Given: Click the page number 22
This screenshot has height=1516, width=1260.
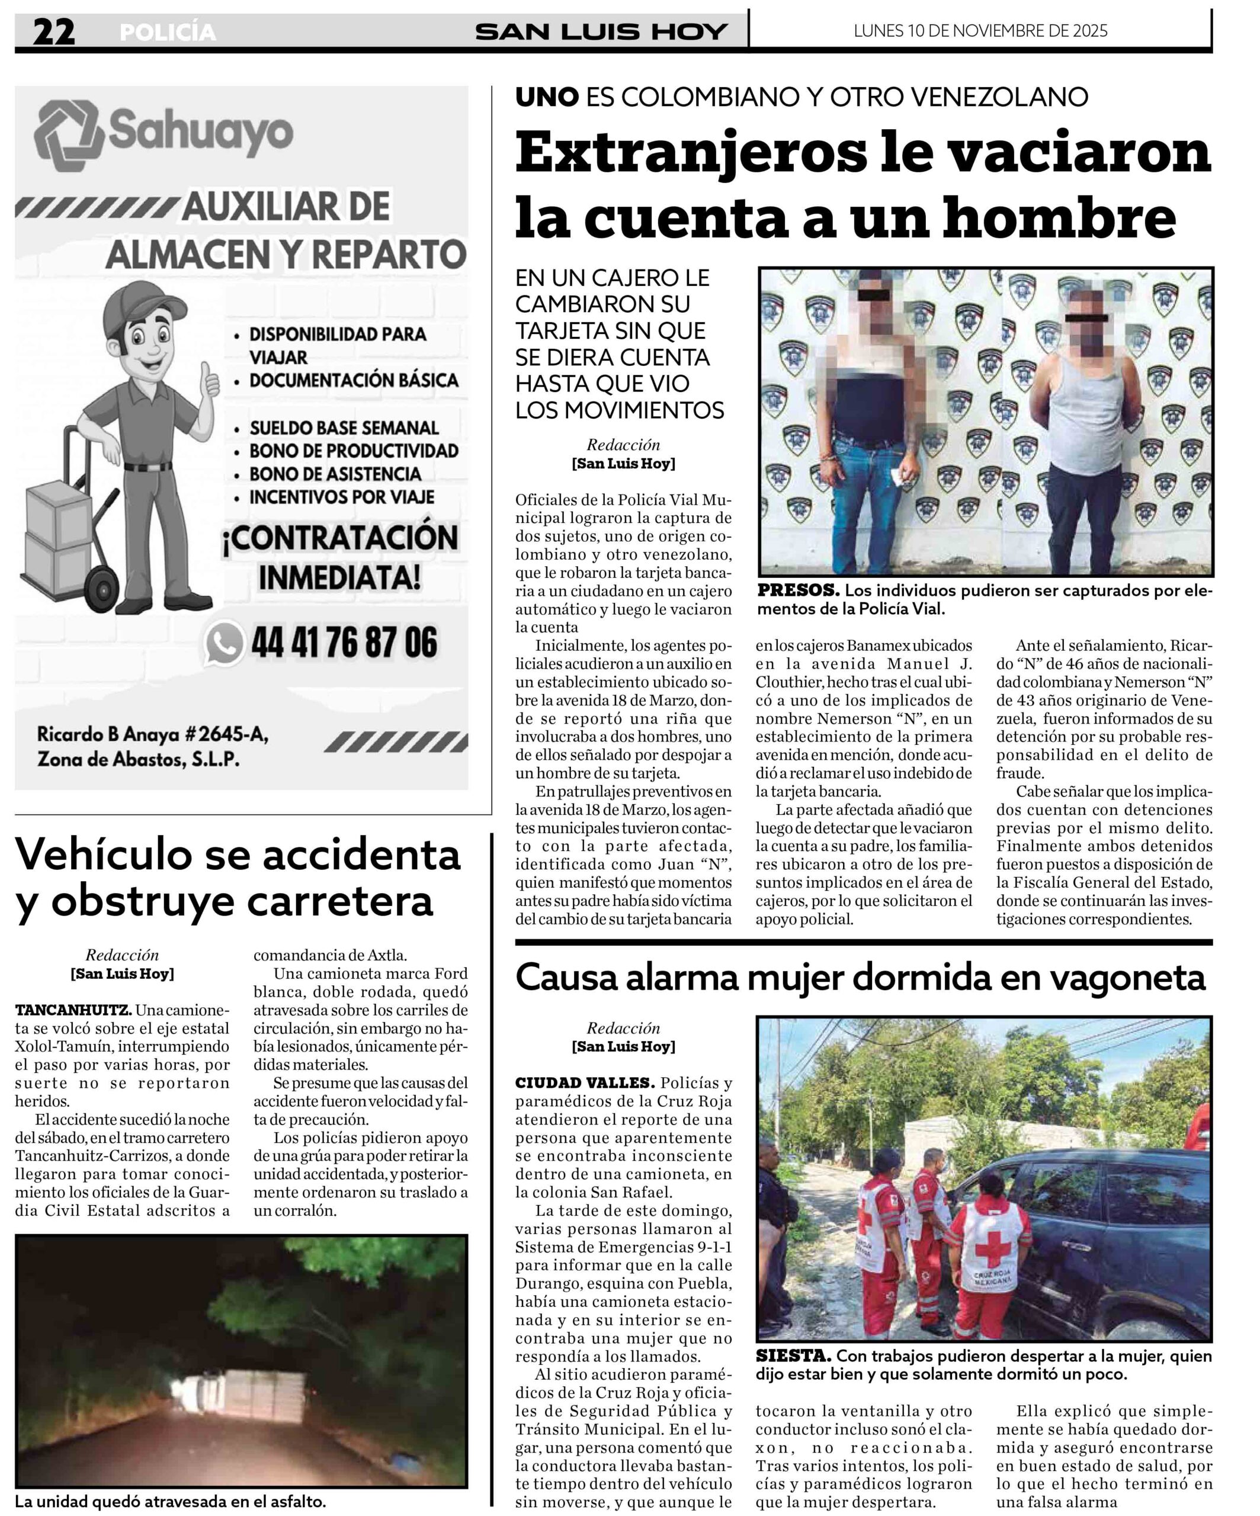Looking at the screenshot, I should pyautogui.click(x=53, y=32).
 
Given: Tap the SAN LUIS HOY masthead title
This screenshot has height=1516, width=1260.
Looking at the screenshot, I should pyautogui.click(x=601, y=32).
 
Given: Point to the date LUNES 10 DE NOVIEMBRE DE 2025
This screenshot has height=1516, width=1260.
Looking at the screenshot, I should pyautogui.click(x=980, y=31).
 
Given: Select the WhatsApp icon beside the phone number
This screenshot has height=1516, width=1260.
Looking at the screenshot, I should pyautogui.click(x=224, y=643).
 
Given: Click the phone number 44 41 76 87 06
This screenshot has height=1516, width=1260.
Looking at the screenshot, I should pyautogui.click(x=344, y=643).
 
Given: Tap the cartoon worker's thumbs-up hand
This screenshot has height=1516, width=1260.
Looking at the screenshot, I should pyautogui.click(x=210, y=380).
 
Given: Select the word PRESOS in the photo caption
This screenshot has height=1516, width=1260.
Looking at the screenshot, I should pyautogui.click(x=798, y=590).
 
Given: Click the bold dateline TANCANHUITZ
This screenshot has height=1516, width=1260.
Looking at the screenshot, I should pyautogui.click(x=73, y=1010).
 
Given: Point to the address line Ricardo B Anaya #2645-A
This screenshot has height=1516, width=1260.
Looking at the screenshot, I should pyautogui.click(x=153, y=735).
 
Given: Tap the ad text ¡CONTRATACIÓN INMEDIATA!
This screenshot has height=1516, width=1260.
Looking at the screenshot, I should pyautogui.click(x=339, y=557).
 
